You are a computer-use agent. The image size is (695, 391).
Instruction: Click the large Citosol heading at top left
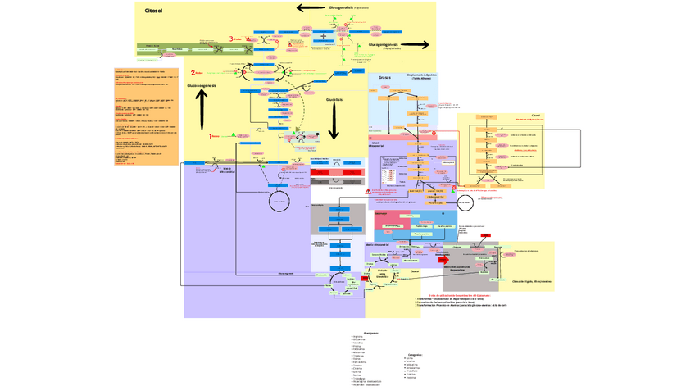pyautogui.click(x=153, y=11)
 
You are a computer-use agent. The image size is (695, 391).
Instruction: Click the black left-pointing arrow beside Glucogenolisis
pyautogui.click(x=311, y=8)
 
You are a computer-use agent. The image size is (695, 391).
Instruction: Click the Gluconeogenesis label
pyautogui.click(x=202, y=85)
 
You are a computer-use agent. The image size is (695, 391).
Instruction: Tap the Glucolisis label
pyautogui.click(x=334, y=99)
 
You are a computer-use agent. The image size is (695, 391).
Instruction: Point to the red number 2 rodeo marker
pyautogui.click(x=193, y=73)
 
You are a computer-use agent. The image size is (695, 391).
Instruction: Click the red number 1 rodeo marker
pyautogui.click(x=211, y=136)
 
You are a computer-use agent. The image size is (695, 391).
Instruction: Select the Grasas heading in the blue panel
pyautogui.click(x=384, y=78)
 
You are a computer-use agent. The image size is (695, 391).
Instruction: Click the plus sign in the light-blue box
pyautogui.click(x=324, y=37)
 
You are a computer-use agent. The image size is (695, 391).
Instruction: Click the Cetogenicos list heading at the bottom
pyautogui.click(x=415, y=355)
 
